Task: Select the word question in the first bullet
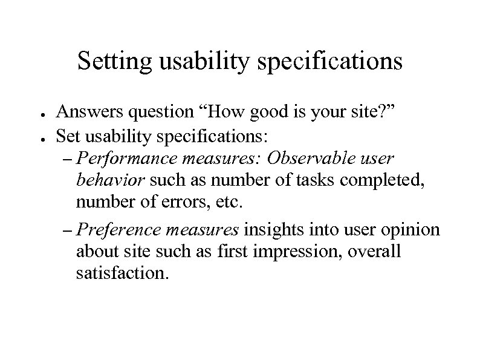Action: [151, 111]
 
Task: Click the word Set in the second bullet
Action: [67, 134]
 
